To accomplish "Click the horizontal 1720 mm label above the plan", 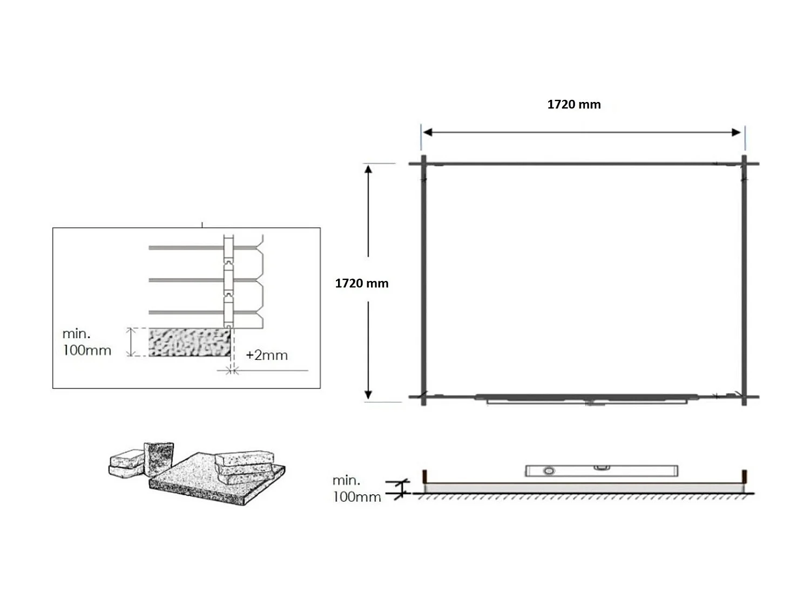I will click(x=573, y=105).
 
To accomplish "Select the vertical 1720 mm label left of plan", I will click(x=361, y=283).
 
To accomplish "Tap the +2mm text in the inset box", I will click(x=266, y=355).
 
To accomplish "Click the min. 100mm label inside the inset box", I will click(x=86, y=342).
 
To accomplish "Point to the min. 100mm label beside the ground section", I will click(x=356, y=488).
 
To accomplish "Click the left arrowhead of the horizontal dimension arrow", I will click(x=427, y=132).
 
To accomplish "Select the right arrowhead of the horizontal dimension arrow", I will click(x=736, y=132).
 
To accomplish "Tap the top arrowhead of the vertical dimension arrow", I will click(x=368, y=169).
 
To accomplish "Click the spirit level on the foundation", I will click(x=601, y=470).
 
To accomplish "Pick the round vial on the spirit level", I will click(x=549, y=471).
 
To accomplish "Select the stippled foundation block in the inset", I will click(x=189, y=342).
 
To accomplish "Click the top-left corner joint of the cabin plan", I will click(x=423, y=163).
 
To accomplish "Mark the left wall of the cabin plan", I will click(x=423, y=281).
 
